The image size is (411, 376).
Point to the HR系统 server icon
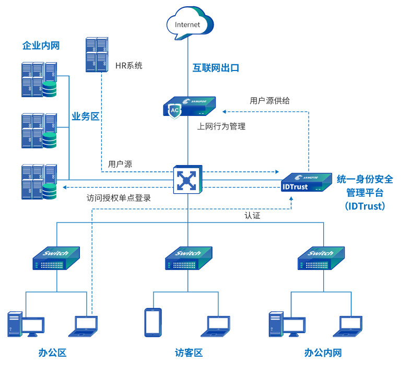click(x=97, y=55)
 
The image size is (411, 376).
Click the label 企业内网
click(x=41, y=45)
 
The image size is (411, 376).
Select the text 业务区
click(x=85, y=116)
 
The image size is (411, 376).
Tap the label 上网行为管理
click(x=221, y=126)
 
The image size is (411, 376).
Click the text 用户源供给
click(x=269, y=100)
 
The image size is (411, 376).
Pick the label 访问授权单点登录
click(x=122, y=198)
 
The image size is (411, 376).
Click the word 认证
click(x=252, y=215)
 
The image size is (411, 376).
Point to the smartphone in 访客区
click(x=152, y=322)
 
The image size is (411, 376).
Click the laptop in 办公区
click(x=84, y=325)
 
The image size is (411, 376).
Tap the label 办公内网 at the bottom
click(x=323, y=353)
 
